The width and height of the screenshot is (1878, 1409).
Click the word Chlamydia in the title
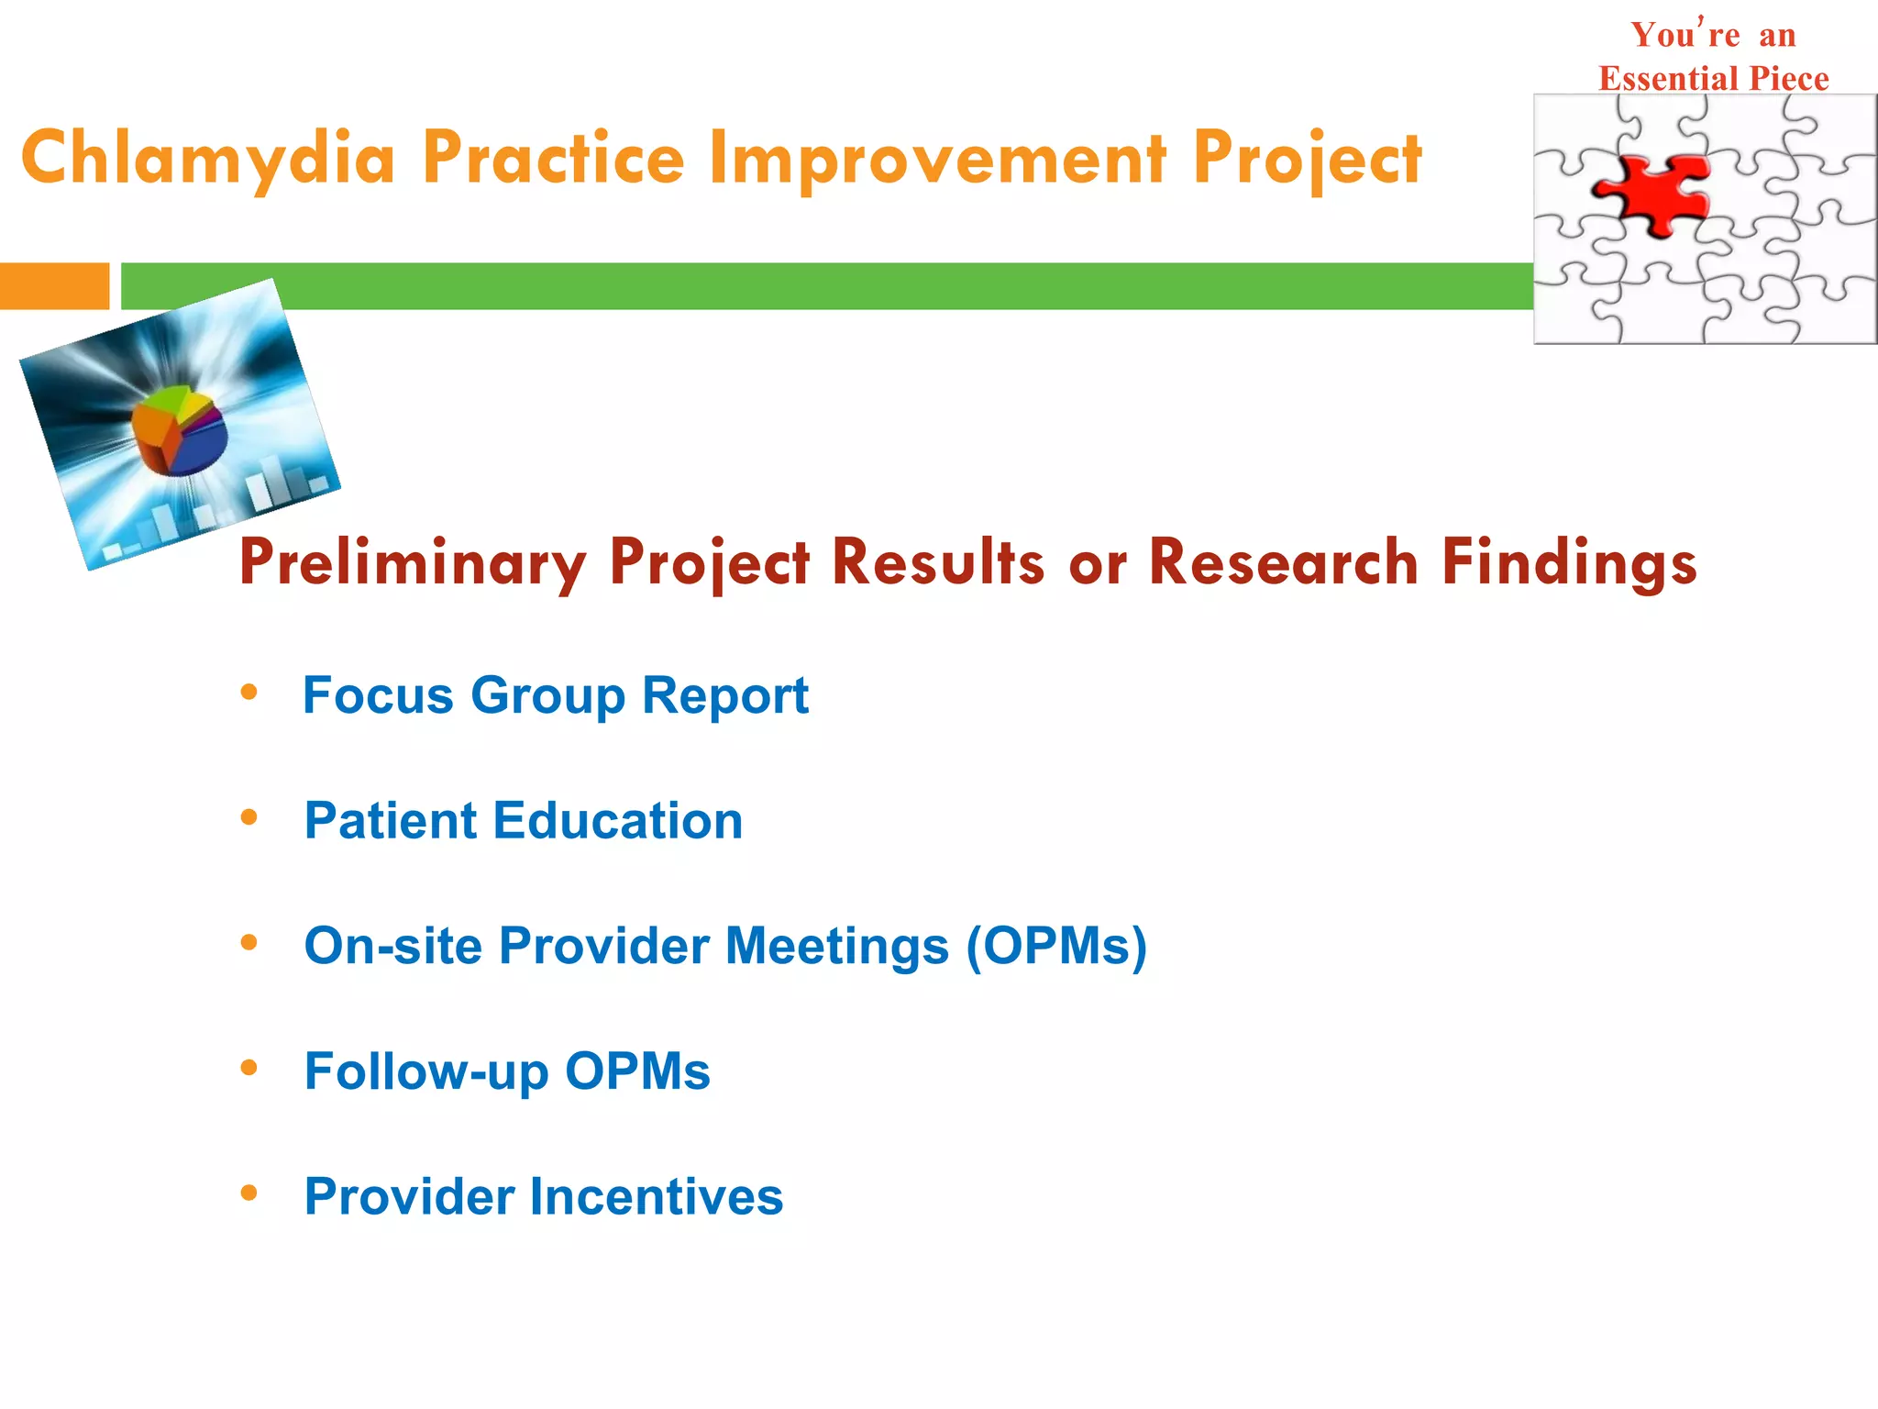pos(208,158)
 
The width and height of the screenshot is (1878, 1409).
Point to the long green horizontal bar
pos(825,286)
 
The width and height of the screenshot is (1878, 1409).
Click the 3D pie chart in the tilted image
pos(179,431)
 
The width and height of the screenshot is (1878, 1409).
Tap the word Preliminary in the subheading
pos(412,561)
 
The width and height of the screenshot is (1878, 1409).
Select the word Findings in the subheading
pos(1569,561)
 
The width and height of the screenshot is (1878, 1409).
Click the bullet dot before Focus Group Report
pos(249,693)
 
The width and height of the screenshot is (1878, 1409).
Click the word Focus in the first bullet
pos(378,695)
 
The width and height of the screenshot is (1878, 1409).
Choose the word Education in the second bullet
pos(617,820)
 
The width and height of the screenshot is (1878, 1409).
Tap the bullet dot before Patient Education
pos(249,817)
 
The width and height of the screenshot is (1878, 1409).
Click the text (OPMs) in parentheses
pos(1055,946)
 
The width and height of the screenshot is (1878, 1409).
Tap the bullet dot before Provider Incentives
pos(249,1193)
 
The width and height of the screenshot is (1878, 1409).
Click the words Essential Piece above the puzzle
pos(1713,79)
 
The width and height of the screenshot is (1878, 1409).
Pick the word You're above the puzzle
pos(1685,36)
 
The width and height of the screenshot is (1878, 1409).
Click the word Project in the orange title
pos(1307,158)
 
